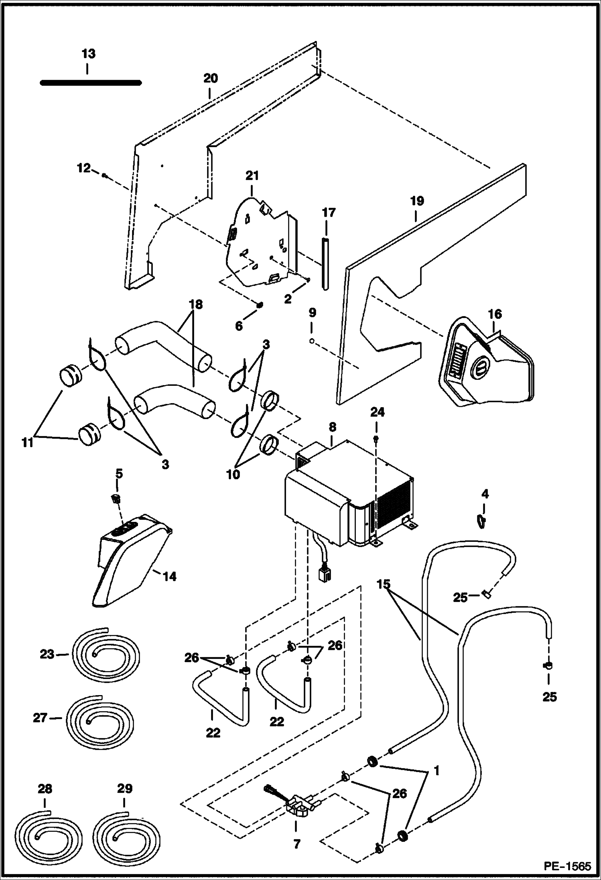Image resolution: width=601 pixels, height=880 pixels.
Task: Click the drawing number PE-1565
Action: (567, 866)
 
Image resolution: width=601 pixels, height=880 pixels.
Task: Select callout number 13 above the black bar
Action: (88, 53)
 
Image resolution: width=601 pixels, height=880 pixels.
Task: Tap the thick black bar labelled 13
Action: (91, 83)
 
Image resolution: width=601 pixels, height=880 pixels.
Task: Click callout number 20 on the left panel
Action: (210, 78)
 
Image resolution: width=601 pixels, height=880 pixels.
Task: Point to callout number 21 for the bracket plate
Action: (252, 176)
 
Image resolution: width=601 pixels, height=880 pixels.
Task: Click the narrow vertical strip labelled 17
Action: (325, 263)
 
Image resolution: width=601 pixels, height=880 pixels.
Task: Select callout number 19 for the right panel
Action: (417, 201)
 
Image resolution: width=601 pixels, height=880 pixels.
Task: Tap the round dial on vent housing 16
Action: (480, 366)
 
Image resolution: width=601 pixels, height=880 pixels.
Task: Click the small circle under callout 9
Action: (312, 341)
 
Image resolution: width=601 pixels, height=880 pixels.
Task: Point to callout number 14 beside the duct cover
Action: (170, 576)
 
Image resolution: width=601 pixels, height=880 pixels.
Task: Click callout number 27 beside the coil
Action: (40, 718)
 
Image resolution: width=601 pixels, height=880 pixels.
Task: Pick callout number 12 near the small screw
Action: (83, 168)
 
